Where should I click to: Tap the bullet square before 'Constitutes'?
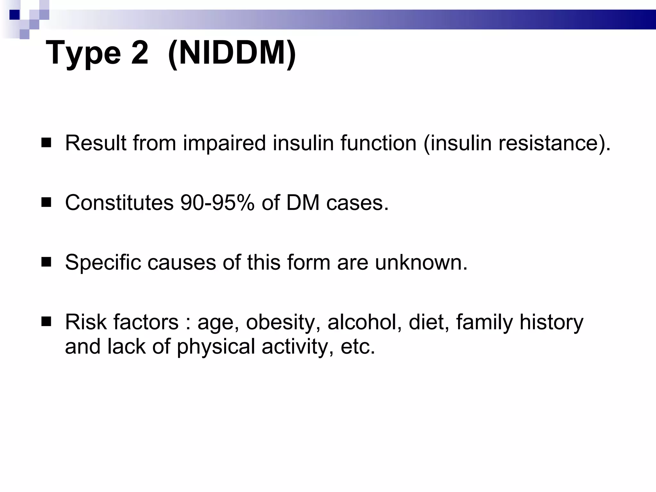tap(46, 203)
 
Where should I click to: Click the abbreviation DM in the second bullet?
tap(303, 203)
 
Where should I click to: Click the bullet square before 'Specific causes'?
tap(46, 262)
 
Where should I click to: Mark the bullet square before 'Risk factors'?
tap(46, 322)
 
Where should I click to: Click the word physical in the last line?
tap(216, 347)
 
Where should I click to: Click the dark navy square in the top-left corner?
tap(14, 15)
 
